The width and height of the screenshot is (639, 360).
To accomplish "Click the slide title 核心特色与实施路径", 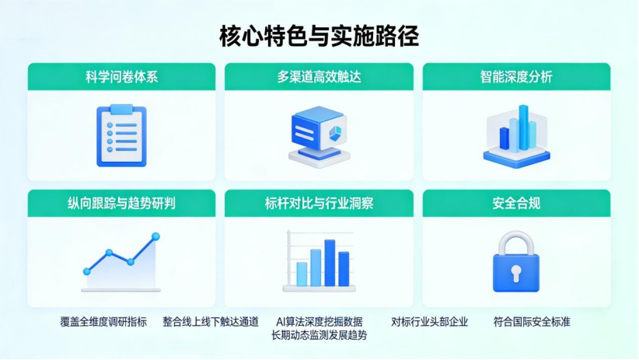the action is [319, 37].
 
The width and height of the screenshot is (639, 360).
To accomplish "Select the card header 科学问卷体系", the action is [121, 77].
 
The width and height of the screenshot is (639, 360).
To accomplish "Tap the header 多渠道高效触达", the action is [319, 77].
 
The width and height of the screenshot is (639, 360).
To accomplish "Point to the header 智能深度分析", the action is [516, 77].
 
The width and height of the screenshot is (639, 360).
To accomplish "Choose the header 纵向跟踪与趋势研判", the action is [121, 203].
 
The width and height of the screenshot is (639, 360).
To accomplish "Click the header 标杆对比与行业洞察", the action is [319, 203].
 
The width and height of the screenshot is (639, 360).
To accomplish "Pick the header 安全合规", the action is [516, 203].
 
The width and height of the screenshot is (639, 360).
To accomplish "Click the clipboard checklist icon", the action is [121, 135].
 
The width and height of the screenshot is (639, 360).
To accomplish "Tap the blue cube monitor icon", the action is [319, 137].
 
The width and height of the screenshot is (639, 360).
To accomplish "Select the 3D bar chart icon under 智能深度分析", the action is [516, 137].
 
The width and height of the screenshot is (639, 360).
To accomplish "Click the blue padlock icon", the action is [516, 262].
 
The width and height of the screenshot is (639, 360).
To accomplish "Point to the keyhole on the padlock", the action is [516, 273].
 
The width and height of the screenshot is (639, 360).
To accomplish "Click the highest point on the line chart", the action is [155, 236].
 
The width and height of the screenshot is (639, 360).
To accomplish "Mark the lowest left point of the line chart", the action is [87, 271].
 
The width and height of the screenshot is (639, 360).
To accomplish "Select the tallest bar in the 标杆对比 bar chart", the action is [330, 263].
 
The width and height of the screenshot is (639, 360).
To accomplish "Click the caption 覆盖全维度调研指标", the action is [103, 322].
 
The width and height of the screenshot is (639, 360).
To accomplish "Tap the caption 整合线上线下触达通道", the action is [211, 322].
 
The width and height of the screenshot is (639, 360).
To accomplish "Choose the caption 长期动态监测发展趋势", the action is [319, 335].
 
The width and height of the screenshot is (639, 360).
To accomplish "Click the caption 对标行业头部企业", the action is [430, 322].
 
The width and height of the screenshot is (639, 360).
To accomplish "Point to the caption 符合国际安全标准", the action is [532, 322].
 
